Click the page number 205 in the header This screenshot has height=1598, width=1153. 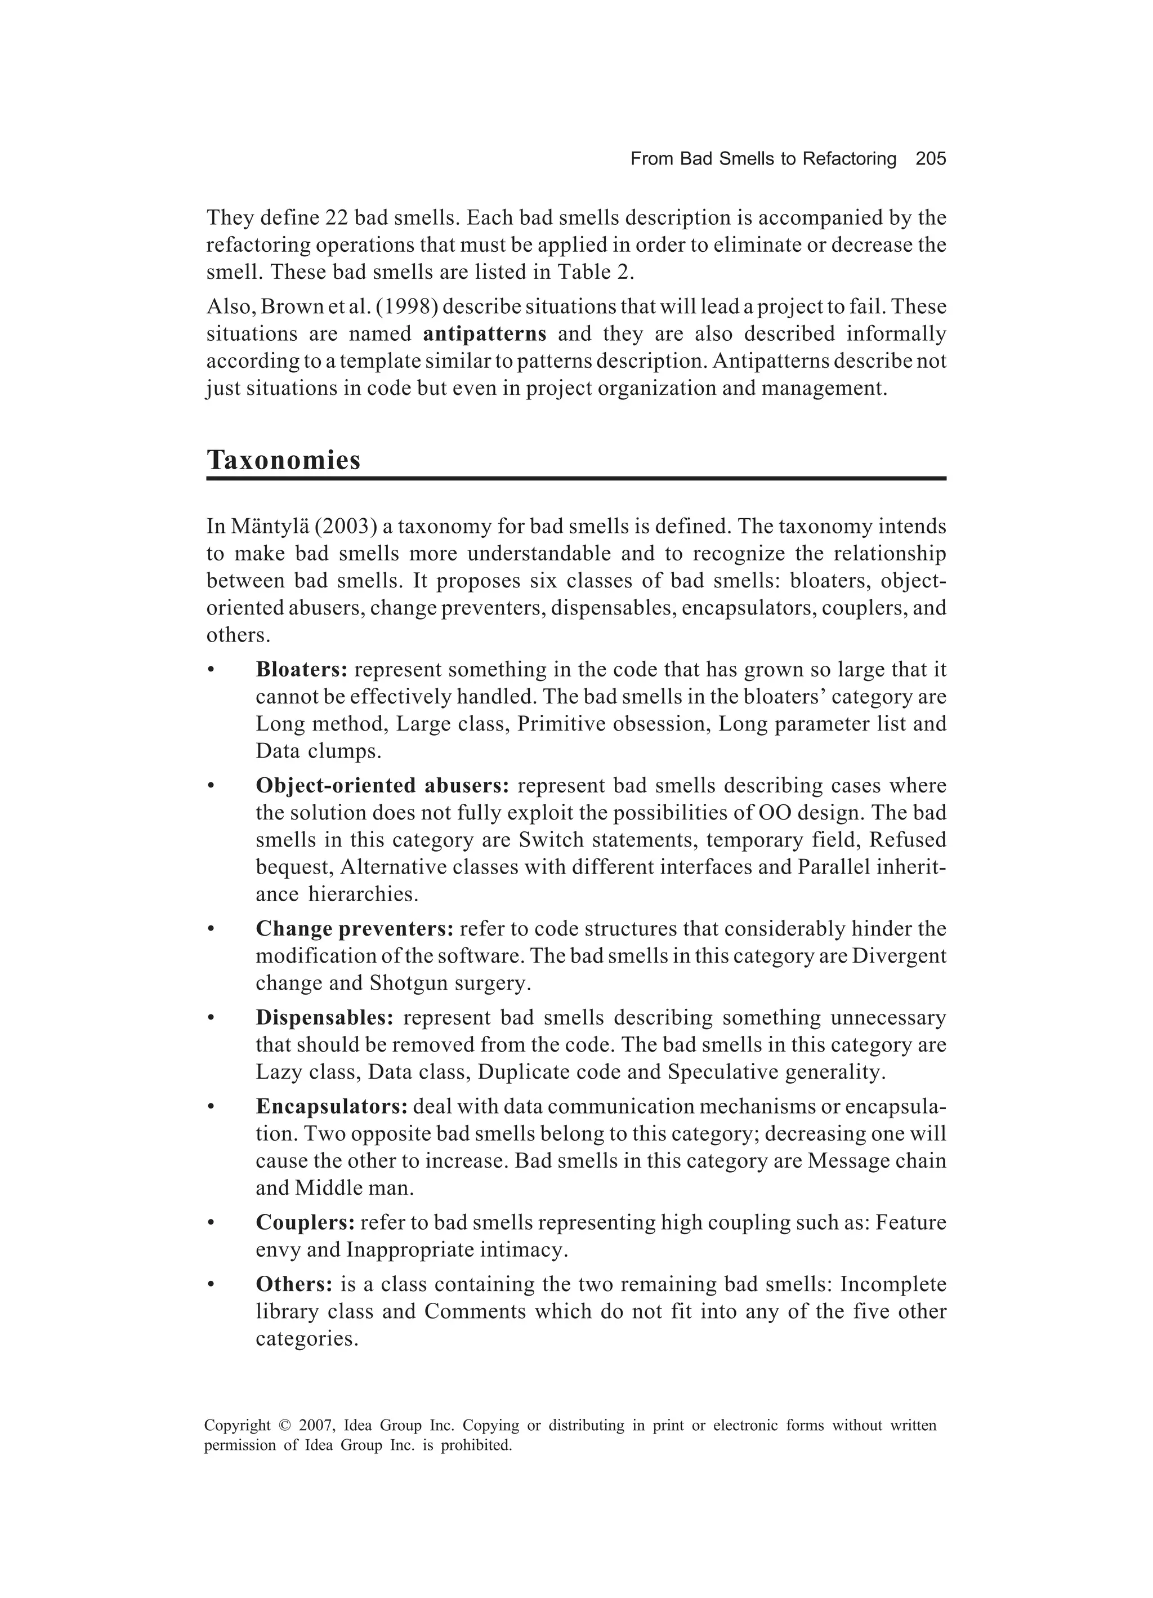click(x=931, y=159)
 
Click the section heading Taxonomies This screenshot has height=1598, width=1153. click(x=283, y=460)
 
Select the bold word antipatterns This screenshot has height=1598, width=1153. click(x=485, y=333)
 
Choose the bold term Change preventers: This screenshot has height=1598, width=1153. click(x=354, y=929)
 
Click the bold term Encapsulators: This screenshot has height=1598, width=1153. click(x=332, y=1106)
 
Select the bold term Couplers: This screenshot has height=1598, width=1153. click(x=304, y=1222)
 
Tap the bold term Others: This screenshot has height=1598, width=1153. click(x=294, y=1284)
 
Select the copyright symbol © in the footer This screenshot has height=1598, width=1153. click(x=284, y=1426)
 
